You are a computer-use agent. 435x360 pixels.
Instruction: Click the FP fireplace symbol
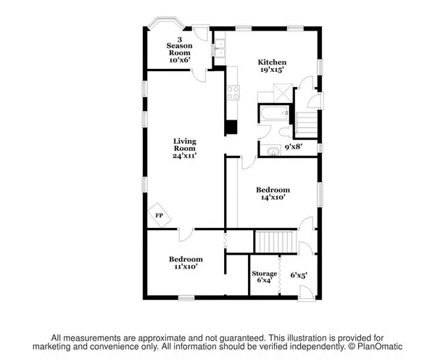point(159,216)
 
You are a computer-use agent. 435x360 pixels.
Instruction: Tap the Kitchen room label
point(272,62)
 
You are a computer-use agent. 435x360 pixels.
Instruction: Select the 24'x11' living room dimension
point(184,156)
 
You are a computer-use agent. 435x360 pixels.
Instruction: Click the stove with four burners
point(233,93)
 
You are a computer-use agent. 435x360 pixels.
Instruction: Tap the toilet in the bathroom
point(285,132)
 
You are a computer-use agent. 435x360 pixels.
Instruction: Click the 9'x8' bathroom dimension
point(294,147)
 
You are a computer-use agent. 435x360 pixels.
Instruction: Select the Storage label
point(264,274)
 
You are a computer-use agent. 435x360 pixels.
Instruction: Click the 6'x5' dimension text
point(299,275)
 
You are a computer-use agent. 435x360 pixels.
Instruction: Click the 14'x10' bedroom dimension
point(273,197)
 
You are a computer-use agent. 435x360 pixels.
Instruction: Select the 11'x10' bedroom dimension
point(186,266)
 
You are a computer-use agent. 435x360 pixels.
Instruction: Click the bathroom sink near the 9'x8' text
point(273,152)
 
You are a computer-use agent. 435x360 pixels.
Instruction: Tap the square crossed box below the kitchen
point(283,93)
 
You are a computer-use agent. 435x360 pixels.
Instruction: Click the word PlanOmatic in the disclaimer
point(380,347)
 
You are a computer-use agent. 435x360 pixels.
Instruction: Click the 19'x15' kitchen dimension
point(272,70)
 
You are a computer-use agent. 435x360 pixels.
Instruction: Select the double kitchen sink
point(220,49)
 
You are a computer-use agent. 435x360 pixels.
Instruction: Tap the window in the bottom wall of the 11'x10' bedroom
point(186,298)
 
